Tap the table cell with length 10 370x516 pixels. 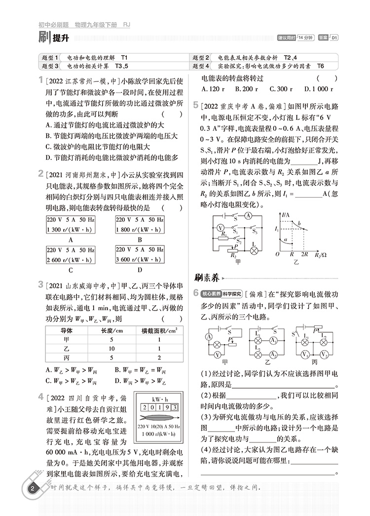111,348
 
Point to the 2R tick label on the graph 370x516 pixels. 304,254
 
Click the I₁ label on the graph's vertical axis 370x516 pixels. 278,230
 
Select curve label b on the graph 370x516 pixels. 297,225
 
